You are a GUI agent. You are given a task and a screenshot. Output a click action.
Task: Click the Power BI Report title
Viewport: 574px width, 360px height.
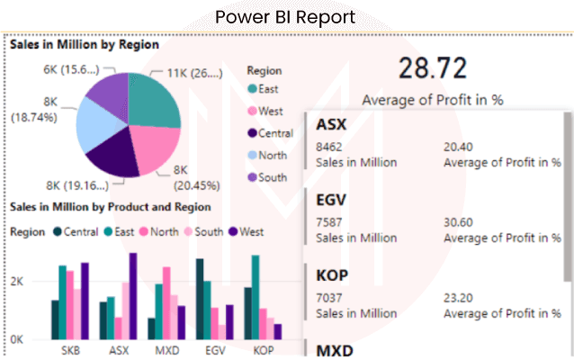tap(286, 16)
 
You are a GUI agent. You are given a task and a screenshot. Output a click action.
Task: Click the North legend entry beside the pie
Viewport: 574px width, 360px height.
tap(273, 155)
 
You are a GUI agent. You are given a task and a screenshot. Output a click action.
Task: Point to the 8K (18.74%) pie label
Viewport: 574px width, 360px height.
tap(34, 110)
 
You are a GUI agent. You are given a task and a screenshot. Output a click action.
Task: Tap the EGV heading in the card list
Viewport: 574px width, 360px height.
tap(332, 198)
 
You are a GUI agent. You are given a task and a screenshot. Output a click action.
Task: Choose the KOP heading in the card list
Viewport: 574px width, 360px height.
tap(333, 273)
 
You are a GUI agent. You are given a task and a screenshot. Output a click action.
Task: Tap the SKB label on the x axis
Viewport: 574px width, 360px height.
tap(70, 349)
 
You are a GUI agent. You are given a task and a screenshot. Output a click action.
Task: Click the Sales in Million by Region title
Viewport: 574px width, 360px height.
tap(85, 43)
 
